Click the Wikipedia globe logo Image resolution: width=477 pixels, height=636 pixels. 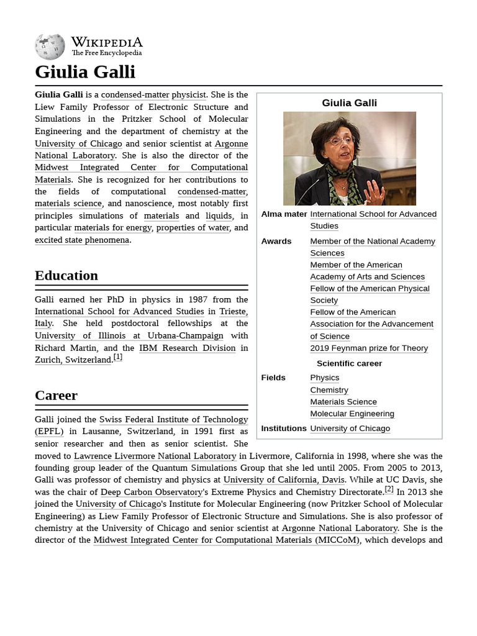[50, 47]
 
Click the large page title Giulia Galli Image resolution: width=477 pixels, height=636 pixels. [85, 72]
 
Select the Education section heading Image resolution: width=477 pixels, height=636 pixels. [66, 276]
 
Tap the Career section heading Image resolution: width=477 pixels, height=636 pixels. [56, 396]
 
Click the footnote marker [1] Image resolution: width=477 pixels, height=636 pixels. [117, 357]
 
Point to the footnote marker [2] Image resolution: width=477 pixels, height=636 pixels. [389, 489]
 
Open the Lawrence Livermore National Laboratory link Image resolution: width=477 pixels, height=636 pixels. [155, 456]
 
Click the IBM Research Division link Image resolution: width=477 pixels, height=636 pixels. [187, 348]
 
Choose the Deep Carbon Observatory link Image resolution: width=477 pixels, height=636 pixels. [152, 492]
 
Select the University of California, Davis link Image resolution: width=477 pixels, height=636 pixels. [284, 480]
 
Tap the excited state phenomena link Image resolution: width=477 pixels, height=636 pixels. [82, 240]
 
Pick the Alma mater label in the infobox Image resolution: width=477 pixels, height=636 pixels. [284, 214]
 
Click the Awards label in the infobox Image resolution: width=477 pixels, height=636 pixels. [276, 242]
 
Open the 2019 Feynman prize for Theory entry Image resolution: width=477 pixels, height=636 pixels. [369, 348]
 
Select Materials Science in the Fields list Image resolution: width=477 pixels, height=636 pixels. [343, 402]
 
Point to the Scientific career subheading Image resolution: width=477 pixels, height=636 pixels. [349, 363]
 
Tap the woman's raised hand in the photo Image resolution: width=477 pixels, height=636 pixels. [375, 191]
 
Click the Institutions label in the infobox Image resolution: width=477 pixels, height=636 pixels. [284, 429]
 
